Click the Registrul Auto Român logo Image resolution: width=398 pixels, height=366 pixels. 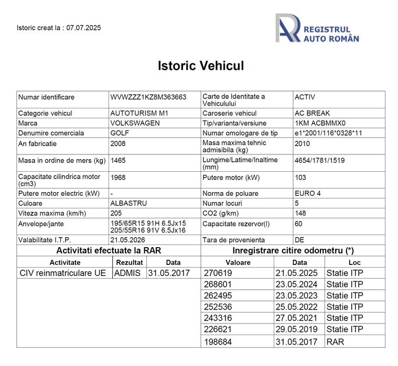pyautogui.click(x=317, y=28)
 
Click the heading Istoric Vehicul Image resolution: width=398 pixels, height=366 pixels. pyautogui.click(x=201, y=66)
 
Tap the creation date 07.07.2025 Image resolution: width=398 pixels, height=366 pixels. pyautogui.click(x=83, y=28)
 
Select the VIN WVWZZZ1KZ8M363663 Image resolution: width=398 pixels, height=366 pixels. pyautogui.click(x=148, y=97)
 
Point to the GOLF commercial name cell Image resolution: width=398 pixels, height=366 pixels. pyautogui.click(x=120, y=133)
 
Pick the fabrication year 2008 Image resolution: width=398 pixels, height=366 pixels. pyautogui.click(x=118, y=143)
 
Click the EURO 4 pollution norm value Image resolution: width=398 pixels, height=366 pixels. pyautogui.click(x=308, y=193)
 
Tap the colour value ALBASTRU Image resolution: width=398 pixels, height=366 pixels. pyautogui.click(x=128, y=203)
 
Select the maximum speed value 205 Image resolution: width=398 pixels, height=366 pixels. pyautogui.click(x=116, y=213)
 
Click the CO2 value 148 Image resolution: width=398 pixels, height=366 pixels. pyautogui.click(x=300, y=213)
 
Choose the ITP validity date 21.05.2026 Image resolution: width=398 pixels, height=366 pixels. pyautogui.click(x=128, y=239)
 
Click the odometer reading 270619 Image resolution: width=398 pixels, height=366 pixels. pyautogui.click(x=218, y=273)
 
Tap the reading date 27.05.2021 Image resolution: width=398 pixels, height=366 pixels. pyautogui.click(x=296, y=318)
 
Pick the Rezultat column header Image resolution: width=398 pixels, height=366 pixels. pyautogui.click(x=130, y=262)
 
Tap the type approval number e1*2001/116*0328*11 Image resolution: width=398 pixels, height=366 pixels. pyautogui.click(x=328, y=133)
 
